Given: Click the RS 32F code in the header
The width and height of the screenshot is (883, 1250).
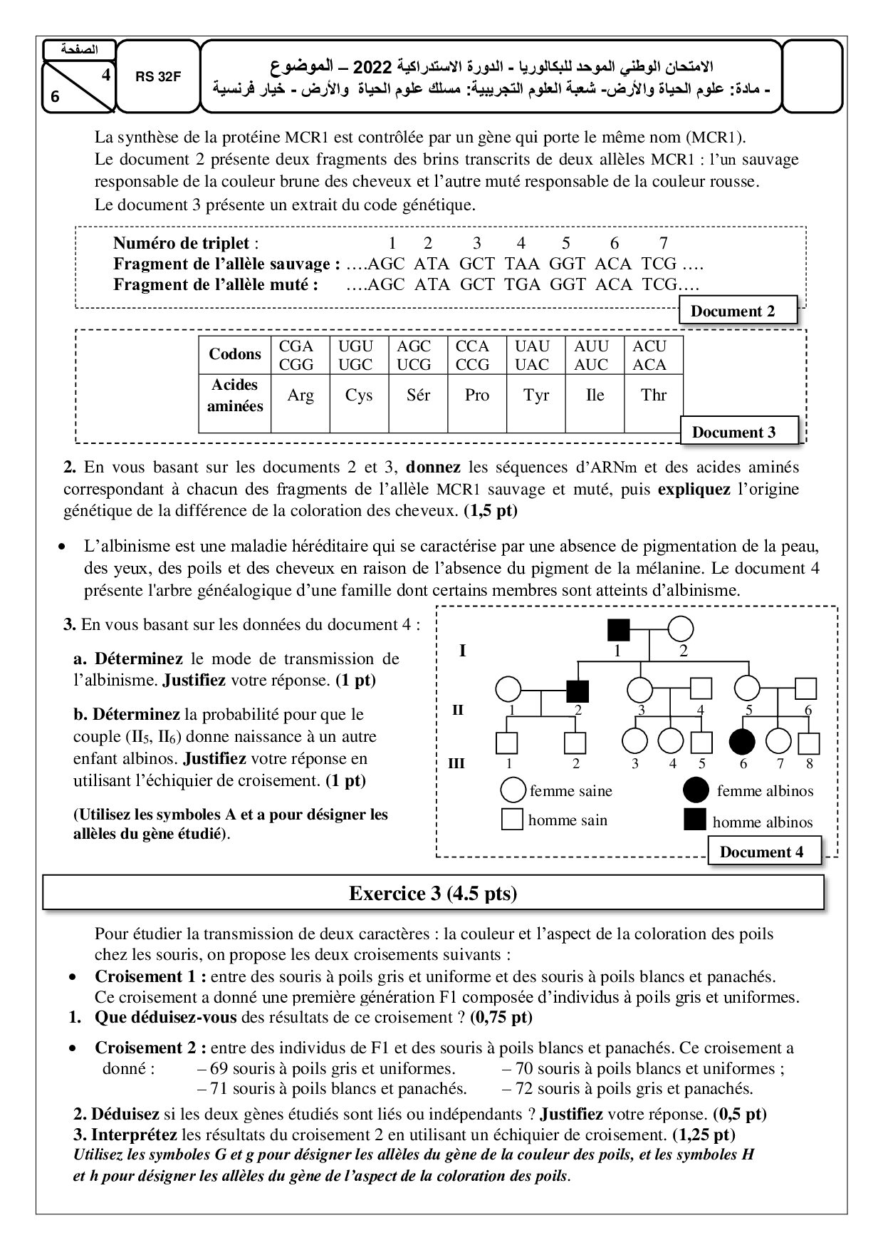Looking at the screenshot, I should pyautogui.click(x=158, y=78).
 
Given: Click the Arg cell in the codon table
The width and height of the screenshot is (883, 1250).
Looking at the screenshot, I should pyautogui.click(x=301, y=396).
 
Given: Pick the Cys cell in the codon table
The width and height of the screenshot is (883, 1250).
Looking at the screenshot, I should pyautogui.click(x=359, y=396).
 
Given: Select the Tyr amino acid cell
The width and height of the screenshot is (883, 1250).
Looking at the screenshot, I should pyautogui.click(x=536, y=396).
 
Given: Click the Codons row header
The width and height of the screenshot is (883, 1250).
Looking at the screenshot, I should pyautogui.click(x=235, y=354).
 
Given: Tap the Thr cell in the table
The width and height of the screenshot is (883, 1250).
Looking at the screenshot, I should pyautogui.click(x=654, y=396).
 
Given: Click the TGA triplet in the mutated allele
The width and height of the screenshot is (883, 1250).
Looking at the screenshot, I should pyautogui.click(x=522, y=284).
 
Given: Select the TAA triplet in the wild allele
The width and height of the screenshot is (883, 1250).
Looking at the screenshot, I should pyautogui.click(x=522, y=264).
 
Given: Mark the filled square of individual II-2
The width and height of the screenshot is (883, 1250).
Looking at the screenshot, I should pyautogui.click(x=578, y=689).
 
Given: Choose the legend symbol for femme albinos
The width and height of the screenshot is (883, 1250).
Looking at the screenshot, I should pyautogui.click(x=696, y=790).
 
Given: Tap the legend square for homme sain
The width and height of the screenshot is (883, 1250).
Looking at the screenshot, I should pyautogui.click(x=513, y=820).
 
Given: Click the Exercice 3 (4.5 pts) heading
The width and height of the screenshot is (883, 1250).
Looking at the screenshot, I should pyautogui.click(x=433, y=894).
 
